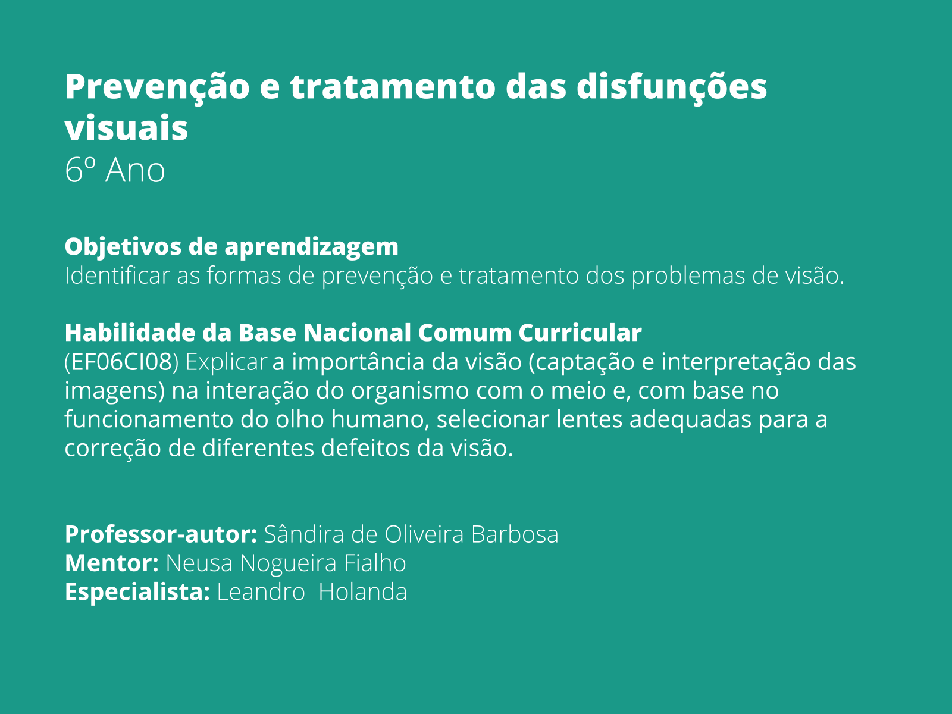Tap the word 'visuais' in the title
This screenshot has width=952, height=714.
(x=126, y=129)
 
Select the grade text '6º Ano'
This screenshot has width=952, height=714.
(x=115, y=171)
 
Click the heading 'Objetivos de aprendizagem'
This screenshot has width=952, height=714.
(x=231, y=246)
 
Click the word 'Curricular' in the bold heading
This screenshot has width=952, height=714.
(x=580, y=333)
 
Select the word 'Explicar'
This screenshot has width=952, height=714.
(x=226, y=362)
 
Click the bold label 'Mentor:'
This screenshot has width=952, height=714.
(x=111, y=563)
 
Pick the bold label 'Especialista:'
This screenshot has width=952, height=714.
(x=137, y=592)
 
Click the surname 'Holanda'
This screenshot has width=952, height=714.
(x=362, y=592)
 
